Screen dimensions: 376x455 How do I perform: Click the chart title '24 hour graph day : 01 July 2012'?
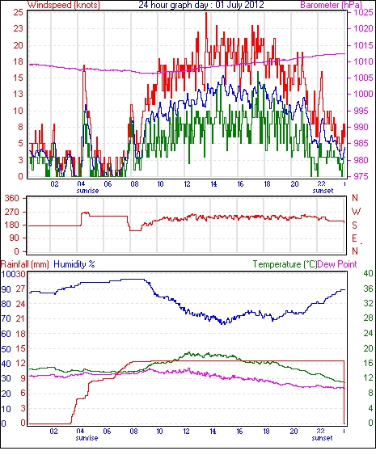click(201, 5)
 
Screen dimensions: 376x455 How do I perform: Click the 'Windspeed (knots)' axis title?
click(64, 5)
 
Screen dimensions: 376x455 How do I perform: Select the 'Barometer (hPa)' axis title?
click(331, 5)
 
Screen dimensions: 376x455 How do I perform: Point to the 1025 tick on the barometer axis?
click(363, 12)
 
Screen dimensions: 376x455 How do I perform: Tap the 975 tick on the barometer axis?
click(361, 176)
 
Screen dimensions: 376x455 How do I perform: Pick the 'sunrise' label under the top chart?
click(87, 191)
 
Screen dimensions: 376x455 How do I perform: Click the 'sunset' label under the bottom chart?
click(322, 437)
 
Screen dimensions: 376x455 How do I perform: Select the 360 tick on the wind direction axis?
click(12, 199)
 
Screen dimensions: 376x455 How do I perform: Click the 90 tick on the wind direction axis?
click(15, 238)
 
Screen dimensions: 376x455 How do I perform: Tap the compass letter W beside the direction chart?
click(356, 212)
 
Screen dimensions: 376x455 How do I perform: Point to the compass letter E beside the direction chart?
click(354, 238)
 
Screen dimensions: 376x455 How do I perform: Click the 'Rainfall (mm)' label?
click(25, 264)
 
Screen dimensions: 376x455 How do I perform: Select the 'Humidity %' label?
click(74, 264)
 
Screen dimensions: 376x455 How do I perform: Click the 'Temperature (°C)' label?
click(285, 264)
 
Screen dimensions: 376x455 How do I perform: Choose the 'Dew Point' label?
click(337, 264)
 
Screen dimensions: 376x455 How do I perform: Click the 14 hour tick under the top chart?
click(213, 184)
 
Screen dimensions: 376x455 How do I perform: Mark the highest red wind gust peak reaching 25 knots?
click(206, 13)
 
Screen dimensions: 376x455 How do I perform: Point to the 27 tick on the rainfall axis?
click(20, 289)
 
